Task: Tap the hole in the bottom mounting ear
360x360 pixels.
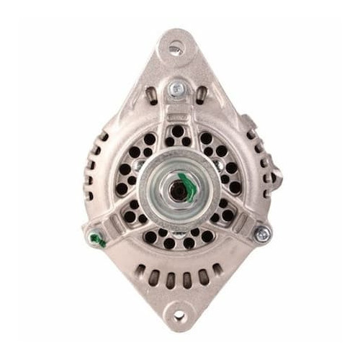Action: pyautogui.click(x=179, y=315)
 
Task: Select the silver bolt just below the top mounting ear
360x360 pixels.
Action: pyautogui.click(x=175, y=89)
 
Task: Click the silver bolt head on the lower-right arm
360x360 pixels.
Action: pyautogui.click(x=262, y=233)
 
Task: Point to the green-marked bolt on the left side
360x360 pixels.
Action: pyautogui.click(x=98, y=238)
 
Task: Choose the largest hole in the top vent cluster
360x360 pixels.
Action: pyautogui.click(x=177, y=131)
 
